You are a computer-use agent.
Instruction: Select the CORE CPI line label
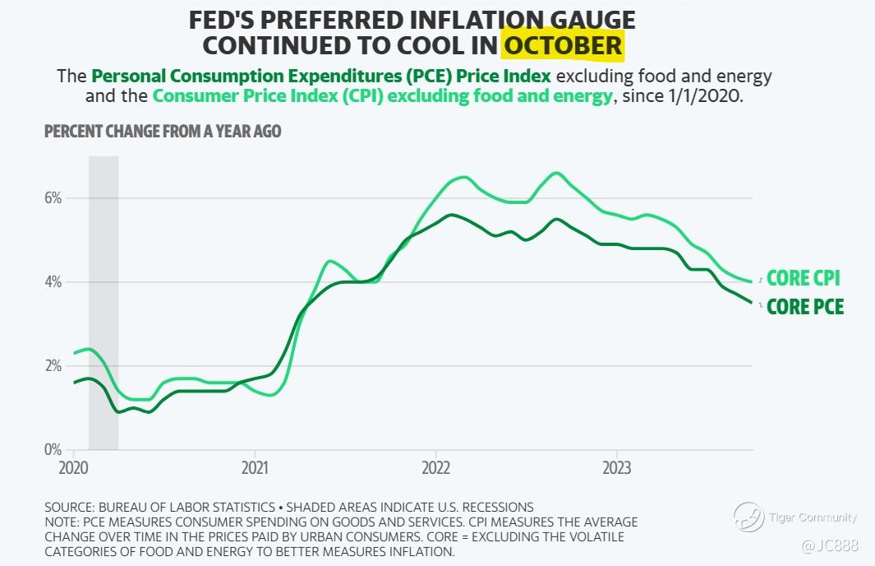click(x=803, y=278)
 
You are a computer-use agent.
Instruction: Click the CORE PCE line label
click(x=804, y=308)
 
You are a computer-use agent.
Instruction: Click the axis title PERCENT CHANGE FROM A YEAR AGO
click(x=163, y=132)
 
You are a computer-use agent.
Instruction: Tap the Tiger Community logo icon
click(x=748, y=517)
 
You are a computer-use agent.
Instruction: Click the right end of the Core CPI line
click(x=752, y=282)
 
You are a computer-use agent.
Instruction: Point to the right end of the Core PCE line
click(x=752, y=303)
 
